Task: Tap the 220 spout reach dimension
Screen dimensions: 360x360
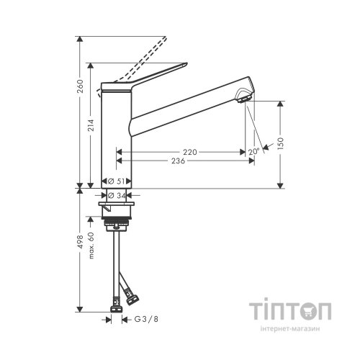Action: tap(189, 153)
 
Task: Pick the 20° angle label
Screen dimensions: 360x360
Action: tap(253, 153)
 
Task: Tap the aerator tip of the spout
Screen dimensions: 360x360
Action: tap(246, 95)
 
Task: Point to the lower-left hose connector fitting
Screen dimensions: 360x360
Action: tap(115, 305)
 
